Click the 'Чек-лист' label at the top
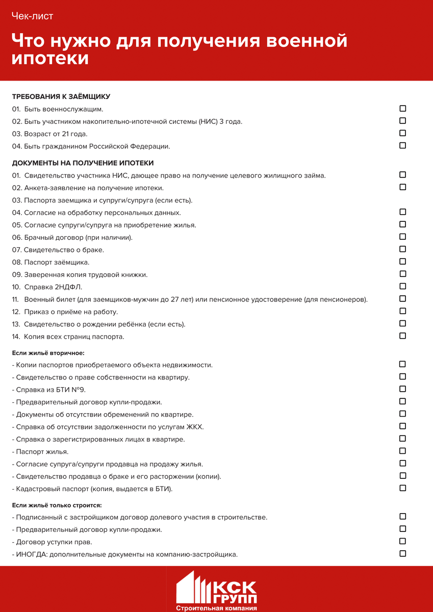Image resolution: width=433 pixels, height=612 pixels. coord(33,16)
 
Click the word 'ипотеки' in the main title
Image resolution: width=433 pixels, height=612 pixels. coord(50,58)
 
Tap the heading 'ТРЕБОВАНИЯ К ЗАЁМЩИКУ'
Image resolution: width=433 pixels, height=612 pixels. coord(61,96)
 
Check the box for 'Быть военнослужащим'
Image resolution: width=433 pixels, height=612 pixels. coord(402,109)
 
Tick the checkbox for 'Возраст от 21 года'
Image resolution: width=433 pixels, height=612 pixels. coord(402,133)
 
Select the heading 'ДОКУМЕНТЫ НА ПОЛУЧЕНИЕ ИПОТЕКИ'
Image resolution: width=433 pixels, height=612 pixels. coord(83,163)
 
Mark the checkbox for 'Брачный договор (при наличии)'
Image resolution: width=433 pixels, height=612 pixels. coord(402,237)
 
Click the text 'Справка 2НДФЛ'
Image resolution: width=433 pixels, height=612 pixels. coord(53,287)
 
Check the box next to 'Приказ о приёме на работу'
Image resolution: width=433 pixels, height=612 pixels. coord(402,311)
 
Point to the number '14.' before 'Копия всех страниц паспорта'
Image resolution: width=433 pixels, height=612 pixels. coord(16,337)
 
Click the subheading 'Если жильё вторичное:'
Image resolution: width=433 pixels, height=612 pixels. coord(48,352)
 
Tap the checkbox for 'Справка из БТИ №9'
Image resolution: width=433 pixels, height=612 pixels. coord(402,389)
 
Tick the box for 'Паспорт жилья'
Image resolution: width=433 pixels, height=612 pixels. coord(402,451)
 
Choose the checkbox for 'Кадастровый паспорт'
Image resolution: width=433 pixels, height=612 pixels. coord(402,488)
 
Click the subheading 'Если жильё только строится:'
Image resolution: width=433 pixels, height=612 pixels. coord(57,505)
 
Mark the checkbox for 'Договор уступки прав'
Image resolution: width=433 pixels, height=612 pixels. coord(402,541)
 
